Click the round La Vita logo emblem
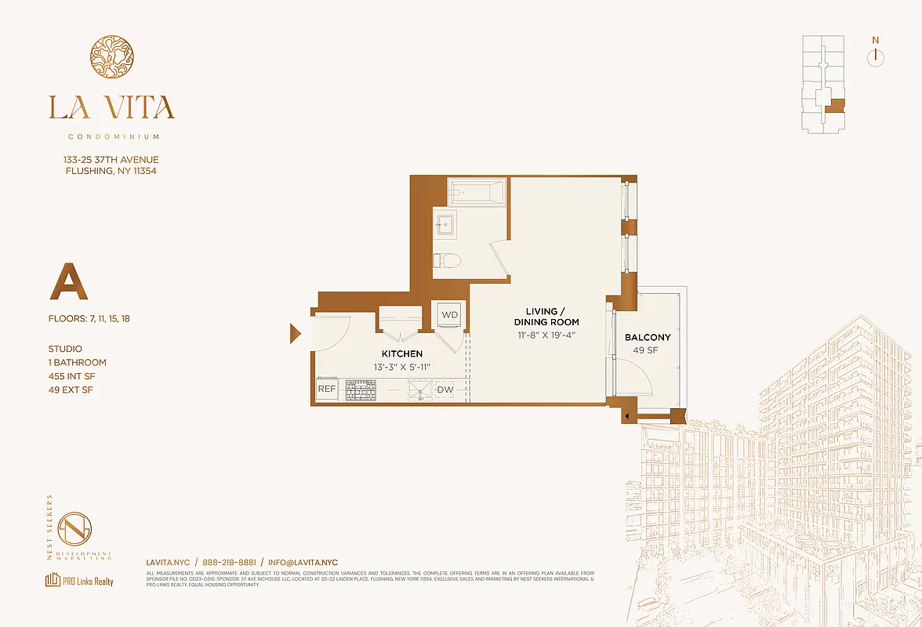tap(111, 56)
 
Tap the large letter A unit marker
tap(68, 283)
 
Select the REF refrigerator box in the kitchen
tap(327, 390)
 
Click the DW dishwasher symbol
tap(445, 390)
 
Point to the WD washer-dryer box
tap(450, 314)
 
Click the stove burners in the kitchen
tap(361, 390)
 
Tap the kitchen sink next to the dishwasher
tap(419, 390)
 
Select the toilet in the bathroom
tap(448, 261)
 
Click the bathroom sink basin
tap(445, 224)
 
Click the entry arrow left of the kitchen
tap(295, 334)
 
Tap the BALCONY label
tap(648, 338)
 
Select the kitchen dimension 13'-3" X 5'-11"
tap(401, 367)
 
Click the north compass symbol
tap(876, 56)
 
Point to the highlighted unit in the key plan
tap(837, 107)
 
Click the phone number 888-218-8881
tap(229, 563)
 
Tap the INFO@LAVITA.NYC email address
tap(303, 563)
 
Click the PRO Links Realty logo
tap(79, 581)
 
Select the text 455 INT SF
tap(77, 376)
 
